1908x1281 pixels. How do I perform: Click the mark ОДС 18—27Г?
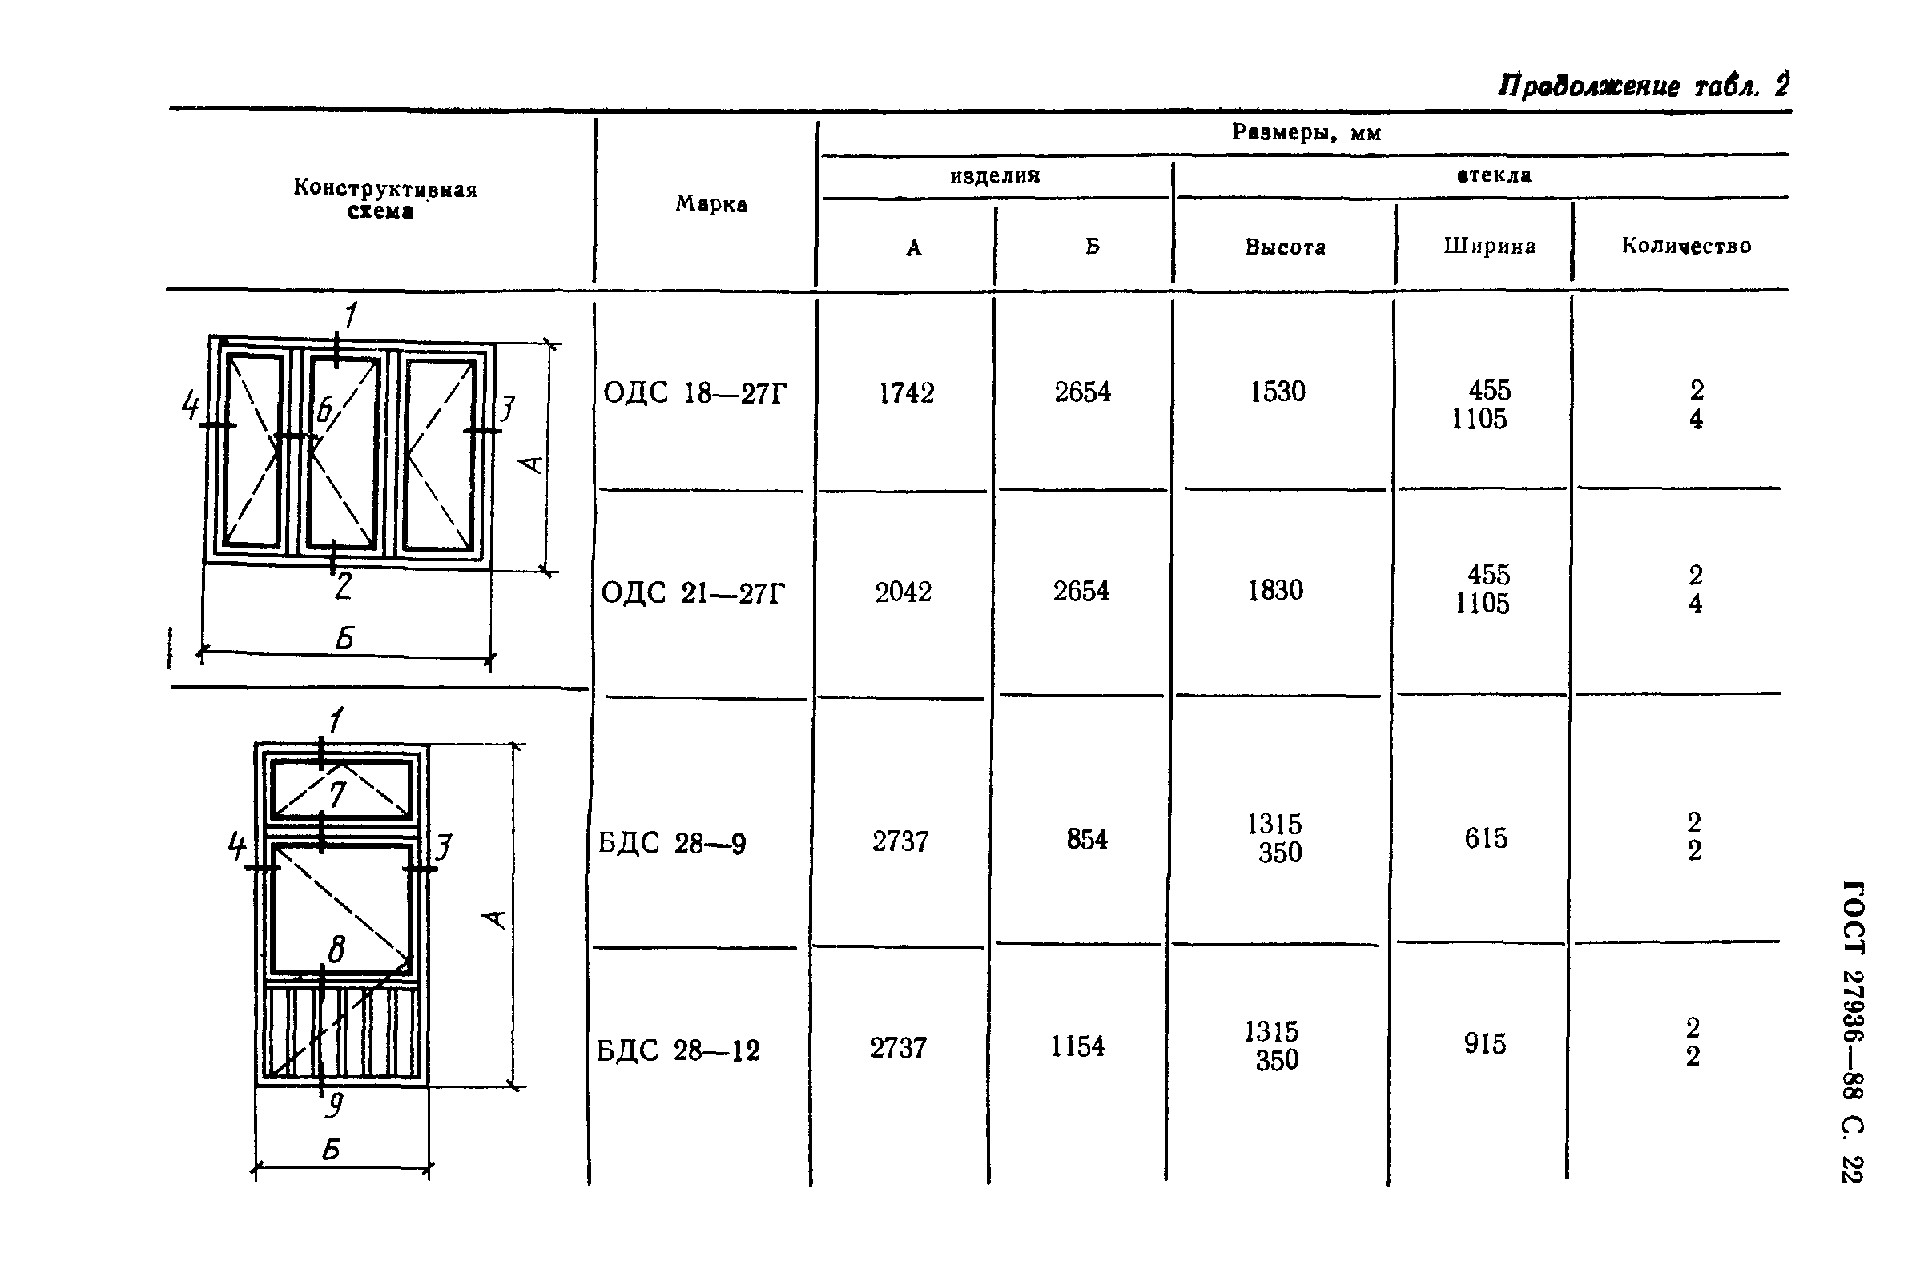(694, 393)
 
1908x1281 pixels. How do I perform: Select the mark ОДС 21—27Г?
(693, 592)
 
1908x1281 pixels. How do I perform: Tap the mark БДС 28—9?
(672, 842)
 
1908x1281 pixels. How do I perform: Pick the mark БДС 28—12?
(678, 1050)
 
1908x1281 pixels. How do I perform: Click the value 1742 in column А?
(906, 393)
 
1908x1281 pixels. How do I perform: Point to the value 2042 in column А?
(903, 592)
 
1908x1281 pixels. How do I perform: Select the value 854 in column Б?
(1087, 839)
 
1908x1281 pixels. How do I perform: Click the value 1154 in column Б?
(1078, 1046)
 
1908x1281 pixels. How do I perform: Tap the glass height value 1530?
(1278, 392)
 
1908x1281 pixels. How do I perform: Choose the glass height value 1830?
(1275, 590)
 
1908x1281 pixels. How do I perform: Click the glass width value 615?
(1487, 837)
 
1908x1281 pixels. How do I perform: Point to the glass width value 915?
(1485, 1043)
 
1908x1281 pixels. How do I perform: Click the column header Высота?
(1286, 247)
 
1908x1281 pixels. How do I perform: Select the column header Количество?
(1687, 245)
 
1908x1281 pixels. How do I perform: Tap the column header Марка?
(711, 203)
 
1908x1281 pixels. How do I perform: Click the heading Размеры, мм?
(1306, 132)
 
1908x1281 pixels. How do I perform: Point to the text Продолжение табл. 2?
(1644, 86)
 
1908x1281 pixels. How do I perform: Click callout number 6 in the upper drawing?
(324, 409)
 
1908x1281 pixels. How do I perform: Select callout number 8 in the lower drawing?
(336, 949)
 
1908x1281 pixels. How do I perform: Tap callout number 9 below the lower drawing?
(334, 1106)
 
